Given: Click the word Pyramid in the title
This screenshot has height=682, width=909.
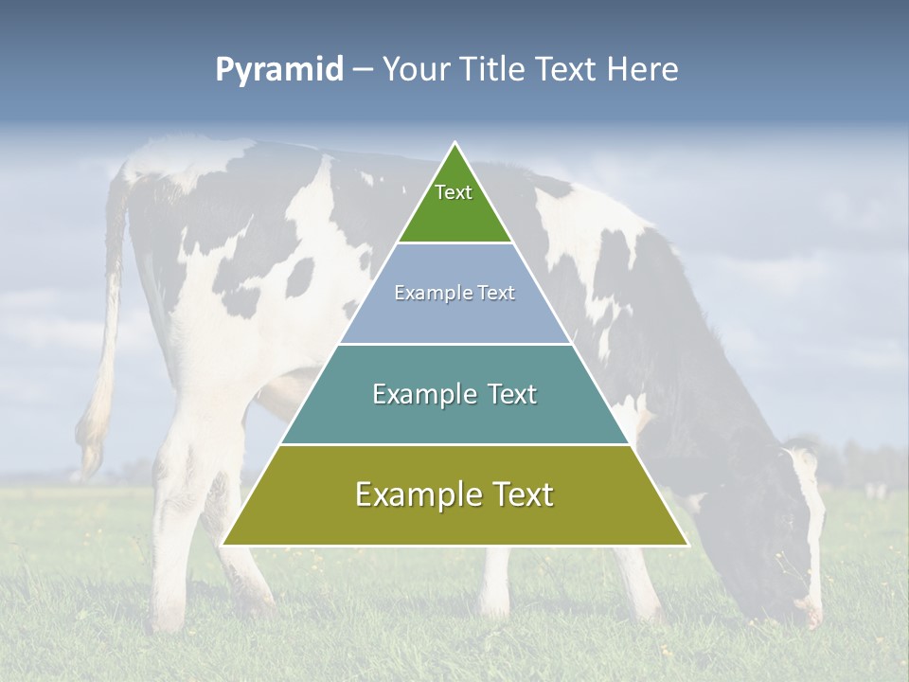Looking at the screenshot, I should pos(278,70).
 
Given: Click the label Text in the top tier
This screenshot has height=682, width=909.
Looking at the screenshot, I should pos(454,192).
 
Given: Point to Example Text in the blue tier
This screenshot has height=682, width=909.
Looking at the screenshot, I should pos(454,293).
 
